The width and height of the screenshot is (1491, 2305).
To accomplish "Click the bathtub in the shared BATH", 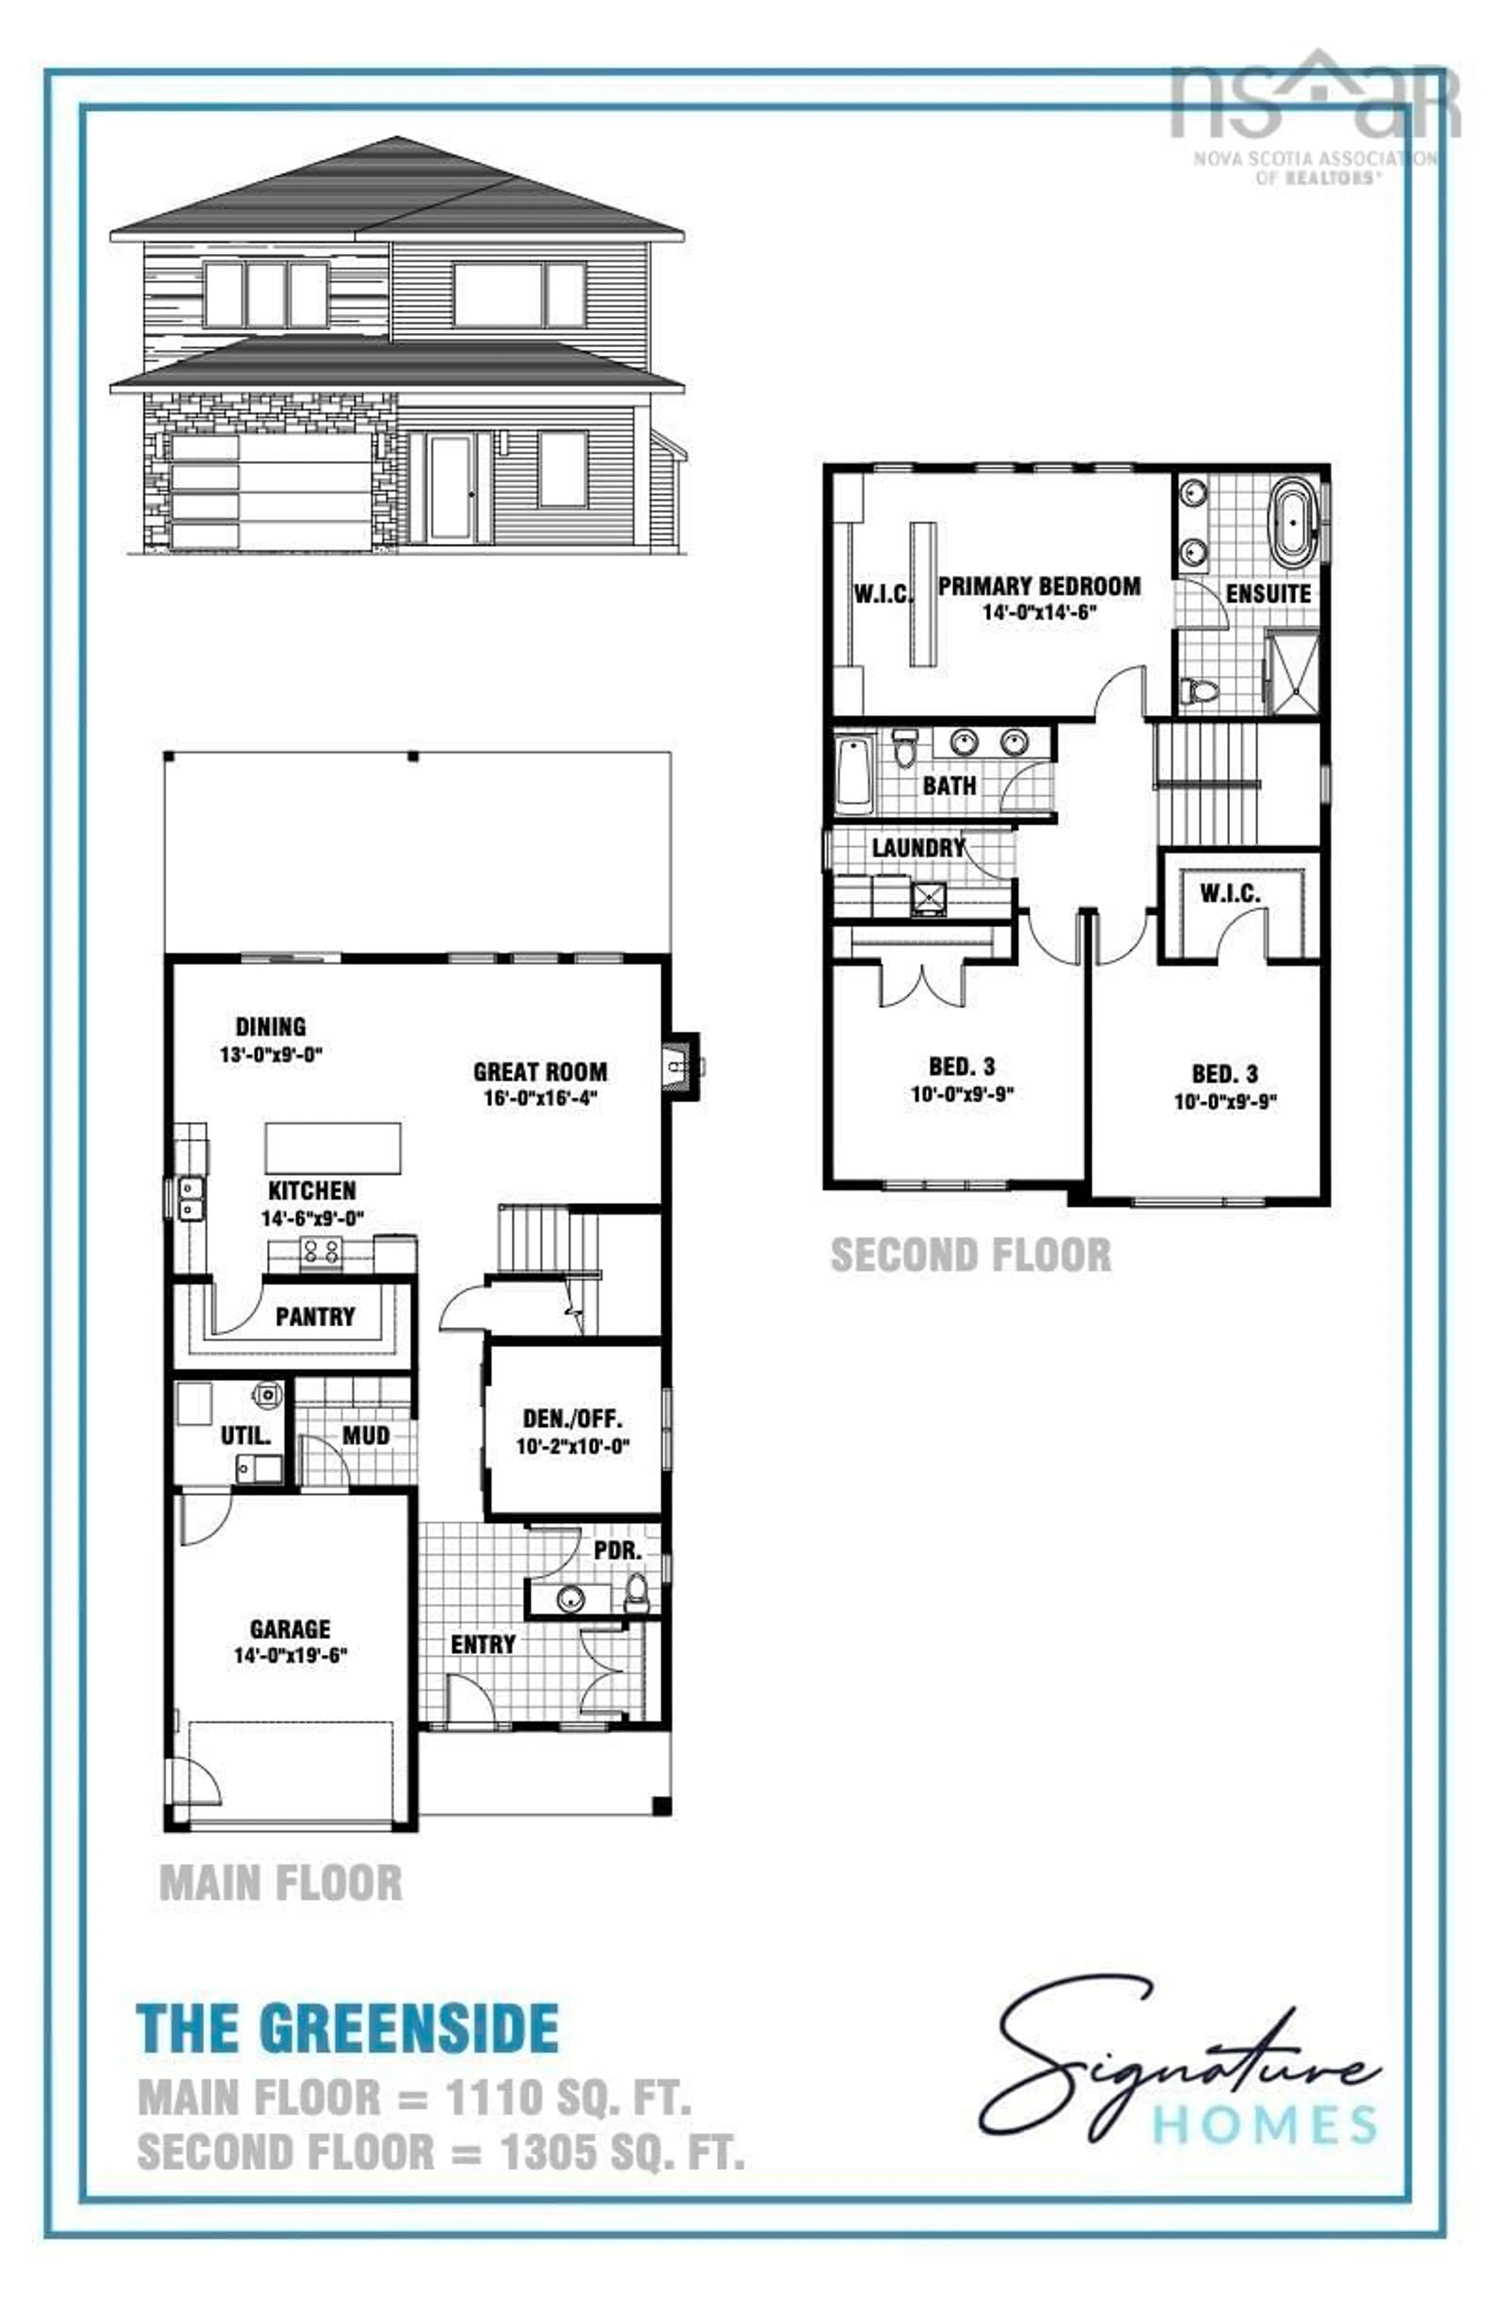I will (853, 774).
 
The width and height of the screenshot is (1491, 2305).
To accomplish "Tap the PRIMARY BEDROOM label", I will (1039, 586).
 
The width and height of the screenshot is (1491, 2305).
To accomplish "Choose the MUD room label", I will (366, 1435).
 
